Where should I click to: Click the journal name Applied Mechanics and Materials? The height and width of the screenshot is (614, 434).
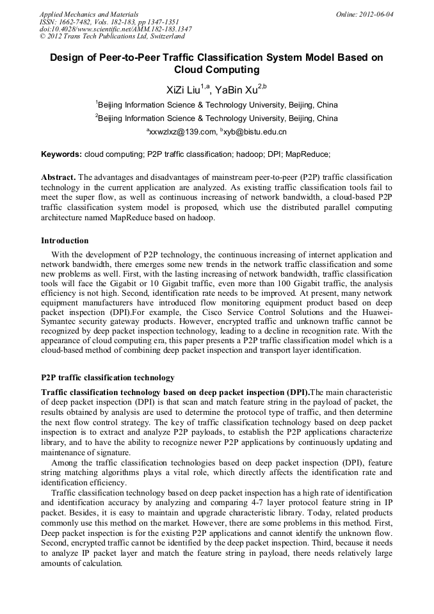(x=89, y=13)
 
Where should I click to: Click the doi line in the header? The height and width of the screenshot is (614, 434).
(x=115, y=29)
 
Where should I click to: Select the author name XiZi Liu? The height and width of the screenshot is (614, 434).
(x=183, y=90)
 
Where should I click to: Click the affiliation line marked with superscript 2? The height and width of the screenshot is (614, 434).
(x=217, y=118)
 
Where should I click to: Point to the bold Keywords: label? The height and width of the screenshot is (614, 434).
(x=61, y=154)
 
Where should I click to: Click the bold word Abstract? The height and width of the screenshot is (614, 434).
(x=58, y=177)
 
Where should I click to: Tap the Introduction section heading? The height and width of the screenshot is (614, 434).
(x=65, y=241)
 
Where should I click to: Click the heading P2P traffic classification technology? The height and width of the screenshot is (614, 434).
(x=108, y=378)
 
